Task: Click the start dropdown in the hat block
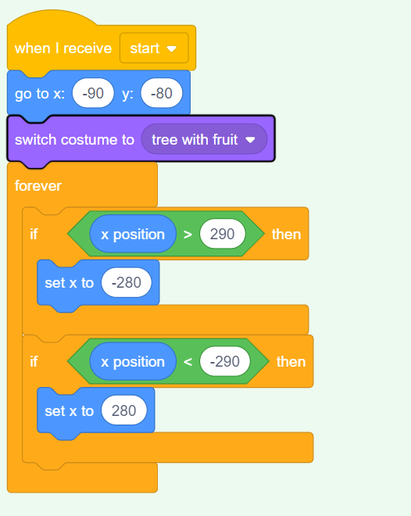154,48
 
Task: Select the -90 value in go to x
93,93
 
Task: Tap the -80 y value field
162,93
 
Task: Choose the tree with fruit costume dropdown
204,139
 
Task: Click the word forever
38,185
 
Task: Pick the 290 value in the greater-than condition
222,234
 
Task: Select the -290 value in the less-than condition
225,361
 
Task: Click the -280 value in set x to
127,282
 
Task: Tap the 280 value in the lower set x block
124,410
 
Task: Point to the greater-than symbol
188,235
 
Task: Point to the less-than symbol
188,362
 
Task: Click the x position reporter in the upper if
133,234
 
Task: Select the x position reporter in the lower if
133,361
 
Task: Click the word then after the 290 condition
287,235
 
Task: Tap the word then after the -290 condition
291,362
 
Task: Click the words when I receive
63,48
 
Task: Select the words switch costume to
75,139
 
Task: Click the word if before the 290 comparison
34,235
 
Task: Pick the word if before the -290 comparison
34,362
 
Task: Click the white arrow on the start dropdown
172,49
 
